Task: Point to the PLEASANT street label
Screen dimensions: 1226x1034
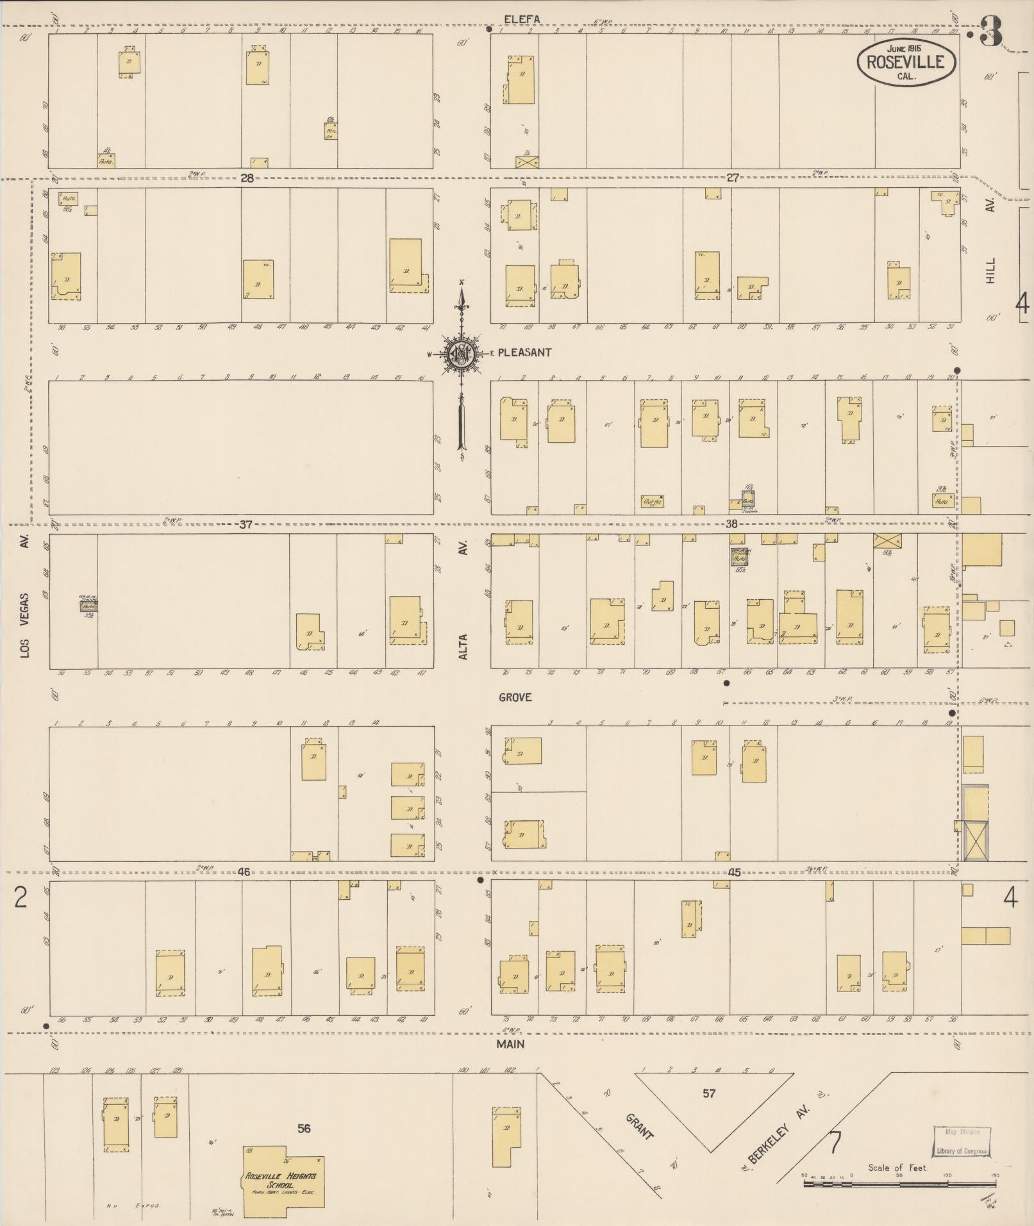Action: coord(524,352)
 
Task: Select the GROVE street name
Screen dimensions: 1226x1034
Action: coord(515,697)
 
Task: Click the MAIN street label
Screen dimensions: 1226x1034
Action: coord(510,1044)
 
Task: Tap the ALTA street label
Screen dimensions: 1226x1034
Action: coord(463,647)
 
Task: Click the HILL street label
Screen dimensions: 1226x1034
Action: coord(991,271)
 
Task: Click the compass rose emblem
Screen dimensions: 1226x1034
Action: coord(461,353)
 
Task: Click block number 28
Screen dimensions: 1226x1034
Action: coord(247,178)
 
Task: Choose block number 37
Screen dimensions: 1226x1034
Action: coord(246,525)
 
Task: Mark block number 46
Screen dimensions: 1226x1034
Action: coord(244,872)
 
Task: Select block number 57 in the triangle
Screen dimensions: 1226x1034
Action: coord(708,1093)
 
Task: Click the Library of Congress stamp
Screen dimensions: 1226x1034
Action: coord(960,1141)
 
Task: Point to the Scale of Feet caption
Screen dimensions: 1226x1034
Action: coord(897,1168)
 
